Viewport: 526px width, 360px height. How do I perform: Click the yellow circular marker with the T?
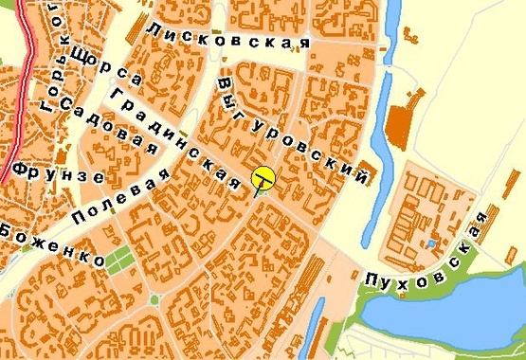pyautogui.click(x=263, y=177)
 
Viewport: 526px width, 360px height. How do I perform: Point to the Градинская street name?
pyautogui.click(x=175, y=138)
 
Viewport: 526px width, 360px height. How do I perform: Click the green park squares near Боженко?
pyautogui.click(x=118, y=258)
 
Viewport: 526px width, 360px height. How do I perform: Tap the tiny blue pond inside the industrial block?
pyautogui.click(x=431, y=243)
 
